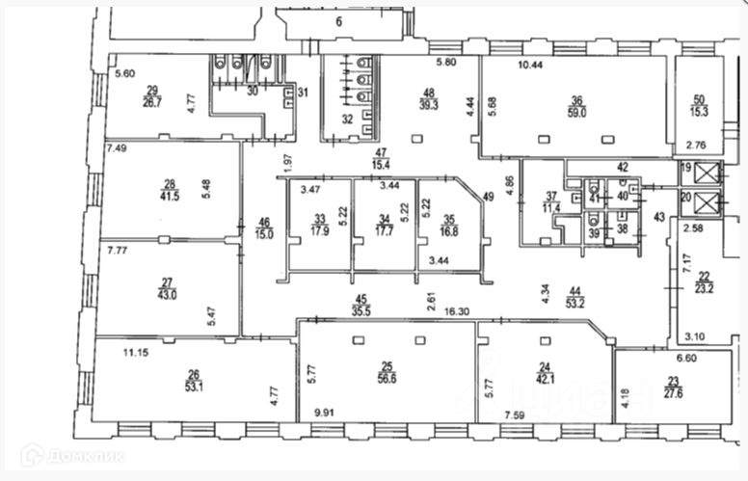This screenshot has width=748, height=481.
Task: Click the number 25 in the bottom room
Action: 386,365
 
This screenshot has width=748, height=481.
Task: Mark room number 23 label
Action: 646,381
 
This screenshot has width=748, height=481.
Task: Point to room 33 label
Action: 319,219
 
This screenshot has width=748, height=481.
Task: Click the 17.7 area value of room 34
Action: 384,230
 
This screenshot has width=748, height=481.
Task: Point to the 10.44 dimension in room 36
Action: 530,65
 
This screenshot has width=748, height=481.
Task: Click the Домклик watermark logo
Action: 72,455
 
